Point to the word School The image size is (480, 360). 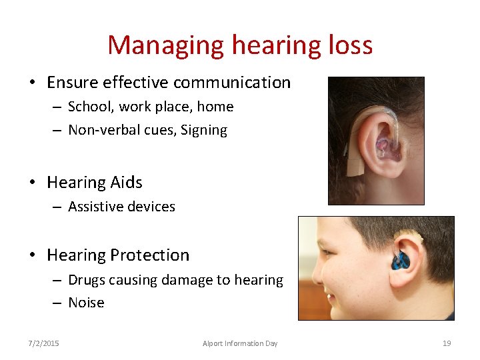(x=88, y=107)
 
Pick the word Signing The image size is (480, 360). (x=204, y=131)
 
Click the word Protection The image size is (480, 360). (x=151, y=255)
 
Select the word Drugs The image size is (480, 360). (x=87, y=280)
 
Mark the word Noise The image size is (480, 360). (x=86, y=303)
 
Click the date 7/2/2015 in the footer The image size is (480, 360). (x=43, y=343)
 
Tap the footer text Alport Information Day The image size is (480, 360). (x=240, y=343)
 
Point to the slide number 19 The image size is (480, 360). (x=447, y=343)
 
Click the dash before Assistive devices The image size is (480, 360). (x=58, y=207)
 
